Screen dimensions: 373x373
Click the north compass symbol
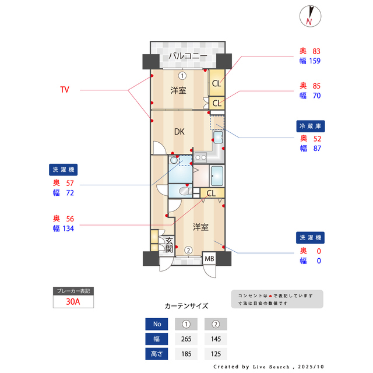click(309, 16)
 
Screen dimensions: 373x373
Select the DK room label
click(179, 132)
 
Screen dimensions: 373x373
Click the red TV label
click(65, 90)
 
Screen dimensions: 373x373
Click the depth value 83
click(316, 51)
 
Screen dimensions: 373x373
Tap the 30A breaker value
click(73, 302)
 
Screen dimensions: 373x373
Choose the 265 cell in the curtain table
click(186, 339)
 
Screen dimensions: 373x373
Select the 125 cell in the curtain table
click(216, 354)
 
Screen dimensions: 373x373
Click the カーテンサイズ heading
click(186, 306)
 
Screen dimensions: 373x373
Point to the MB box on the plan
click(209, 258)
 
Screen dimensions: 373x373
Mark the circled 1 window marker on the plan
click(182, 75)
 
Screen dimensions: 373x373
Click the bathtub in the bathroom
click(217, 174)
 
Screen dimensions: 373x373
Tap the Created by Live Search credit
click(268, 367)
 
